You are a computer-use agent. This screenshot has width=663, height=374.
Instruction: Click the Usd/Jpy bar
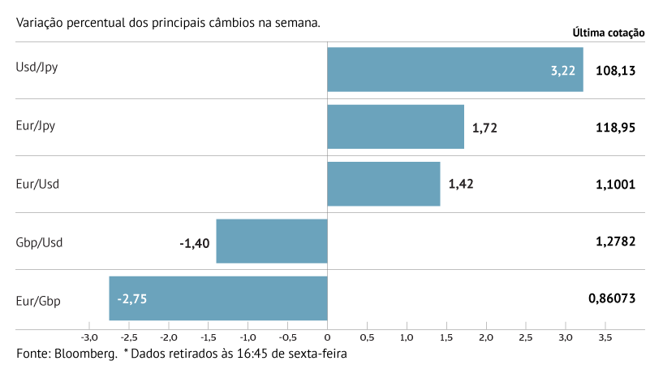[x=454, y=69]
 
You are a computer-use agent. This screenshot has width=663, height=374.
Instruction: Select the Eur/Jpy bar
[x=395, y=127]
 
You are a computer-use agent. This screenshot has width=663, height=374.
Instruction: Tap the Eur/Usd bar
[x=383, y=184]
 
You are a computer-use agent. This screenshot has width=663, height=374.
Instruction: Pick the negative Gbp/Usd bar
[x=272, y=241]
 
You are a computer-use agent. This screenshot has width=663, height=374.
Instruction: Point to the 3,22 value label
[x=562, y=71]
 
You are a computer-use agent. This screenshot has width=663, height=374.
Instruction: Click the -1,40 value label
[x=194, y=242]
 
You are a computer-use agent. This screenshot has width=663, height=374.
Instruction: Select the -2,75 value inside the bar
[x=131, y=299]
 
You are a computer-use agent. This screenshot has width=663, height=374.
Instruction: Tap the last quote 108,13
[x=615, y=71]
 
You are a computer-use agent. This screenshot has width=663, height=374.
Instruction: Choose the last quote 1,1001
[x=615, y=185]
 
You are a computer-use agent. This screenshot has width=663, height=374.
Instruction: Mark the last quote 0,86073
[x=612, y=299]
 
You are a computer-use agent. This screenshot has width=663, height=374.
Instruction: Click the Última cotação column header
[x=608, y=33]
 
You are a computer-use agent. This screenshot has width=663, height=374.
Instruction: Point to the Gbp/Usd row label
[x=39, y=242]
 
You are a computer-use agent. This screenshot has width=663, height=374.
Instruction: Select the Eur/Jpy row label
[x=36, y=126]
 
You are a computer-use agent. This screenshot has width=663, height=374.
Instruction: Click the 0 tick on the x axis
[x=327, y=337]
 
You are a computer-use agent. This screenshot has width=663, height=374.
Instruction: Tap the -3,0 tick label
[x=89, y=337]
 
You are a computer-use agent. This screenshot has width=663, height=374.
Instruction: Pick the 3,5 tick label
[x=605, y=337]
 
